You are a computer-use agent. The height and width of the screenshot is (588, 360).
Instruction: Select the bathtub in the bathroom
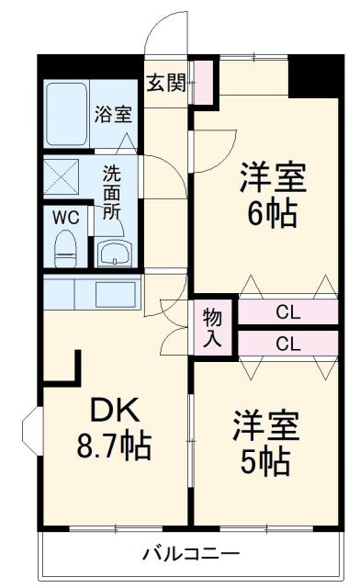(66, 114)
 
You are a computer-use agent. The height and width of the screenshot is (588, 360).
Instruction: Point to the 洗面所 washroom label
(112, 190)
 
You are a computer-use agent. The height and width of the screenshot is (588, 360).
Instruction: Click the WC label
(64, 220)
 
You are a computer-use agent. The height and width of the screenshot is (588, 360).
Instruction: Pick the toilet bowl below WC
(65, 247)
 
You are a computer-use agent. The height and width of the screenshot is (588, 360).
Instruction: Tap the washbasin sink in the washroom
(114, 252)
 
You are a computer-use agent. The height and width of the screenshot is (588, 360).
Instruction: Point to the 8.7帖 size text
(113, 447)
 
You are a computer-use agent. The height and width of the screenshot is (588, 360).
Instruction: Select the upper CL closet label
(287, 312)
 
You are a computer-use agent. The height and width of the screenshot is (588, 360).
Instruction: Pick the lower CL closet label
(287, 345)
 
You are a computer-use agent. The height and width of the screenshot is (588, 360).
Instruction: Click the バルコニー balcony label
(190, 554)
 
